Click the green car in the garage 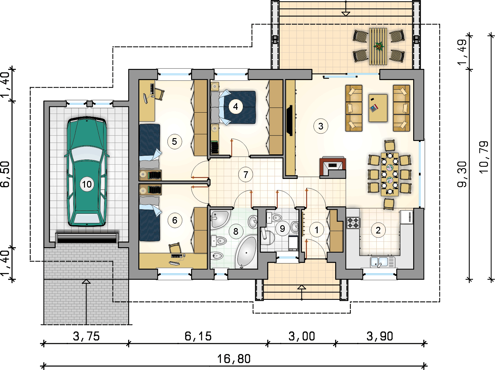pos(87,172)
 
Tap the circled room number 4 pos(236,106)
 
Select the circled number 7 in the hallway pos(246,174)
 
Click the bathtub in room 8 pos(246,252)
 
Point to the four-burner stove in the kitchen pos(353,222)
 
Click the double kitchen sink pos(383,262)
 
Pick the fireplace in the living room pos(333,167)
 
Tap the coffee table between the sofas pos(378,108)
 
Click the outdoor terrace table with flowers pos(378,46)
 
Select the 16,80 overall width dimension pos(234,359)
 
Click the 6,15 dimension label pos(198,336)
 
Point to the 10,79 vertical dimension pos(484,157)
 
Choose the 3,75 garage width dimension pos(86,336)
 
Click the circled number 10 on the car pos(87,184)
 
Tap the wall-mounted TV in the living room pos(290,120)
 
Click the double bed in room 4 pos(233,107)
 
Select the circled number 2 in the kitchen pos(378,230)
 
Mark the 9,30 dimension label pos(462,174)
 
